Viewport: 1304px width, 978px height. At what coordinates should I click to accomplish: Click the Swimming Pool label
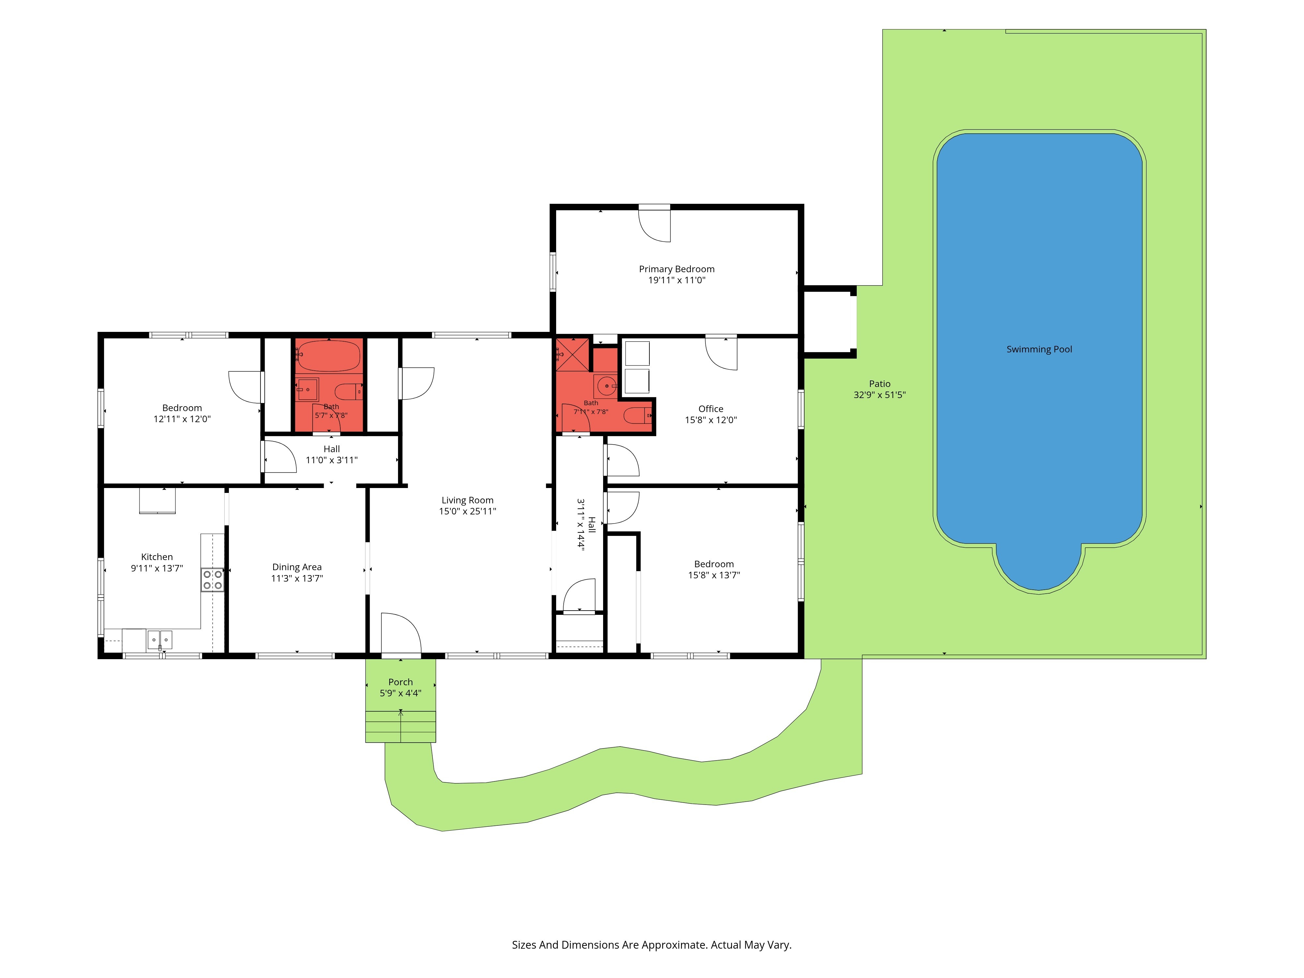tap(1039, 349)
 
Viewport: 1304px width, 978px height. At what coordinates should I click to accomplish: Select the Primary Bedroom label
tap(677, 269)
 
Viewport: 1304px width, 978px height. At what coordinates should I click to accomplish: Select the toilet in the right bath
tap(638, 416)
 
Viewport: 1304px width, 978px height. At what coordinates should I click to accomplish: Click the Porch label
tap(400, 682)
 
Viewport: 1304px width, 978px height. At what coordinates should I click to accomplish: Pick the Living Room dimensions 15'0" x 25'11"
tap(467, 511)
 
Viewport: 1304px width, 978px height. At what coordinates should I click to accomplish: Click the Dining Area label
tap(297, 567)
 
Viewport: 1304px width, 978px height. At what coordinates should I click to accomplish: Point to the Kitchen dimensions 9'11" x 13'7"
tap(157, 568)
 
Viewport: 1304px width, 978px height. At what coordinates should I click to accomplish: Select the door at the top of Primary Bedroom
tap(654, 224)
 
